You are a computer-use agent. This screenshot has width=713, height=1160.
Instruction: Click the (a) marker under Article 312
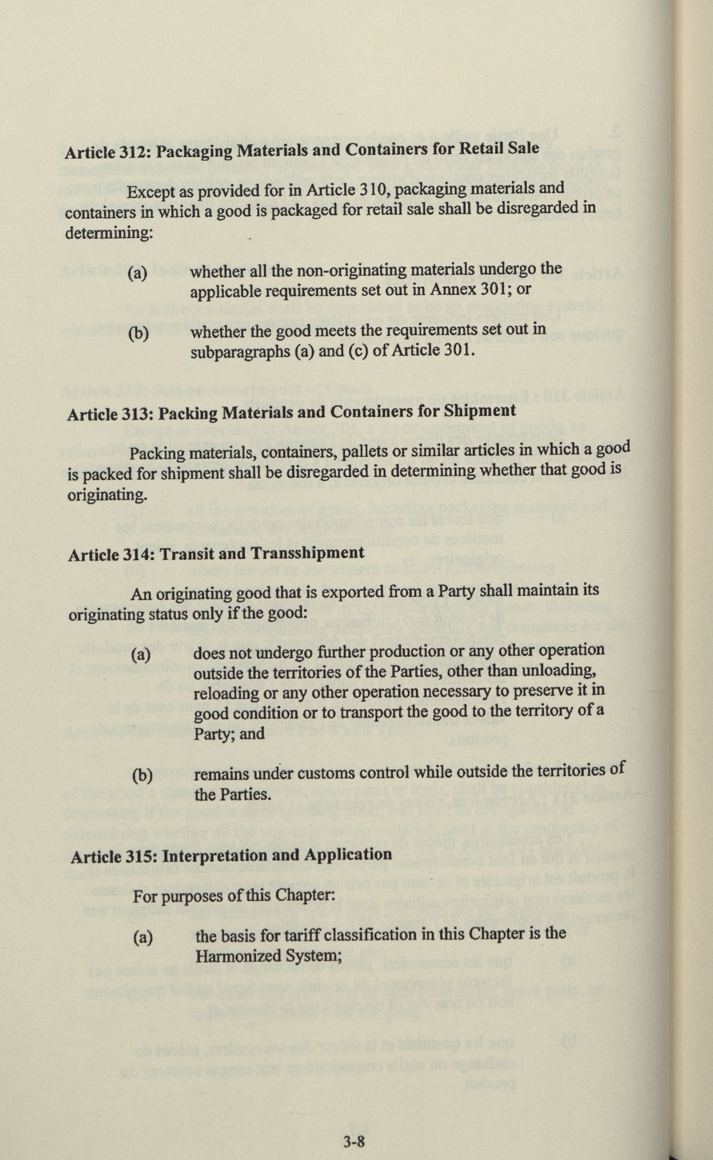pos(138,273)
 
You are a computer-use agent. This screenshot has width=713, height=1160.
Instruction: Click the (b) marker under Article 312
pos(138,334)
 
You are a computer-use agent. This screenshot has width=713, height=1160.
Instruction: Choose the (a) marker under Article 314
pos(141,655)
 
